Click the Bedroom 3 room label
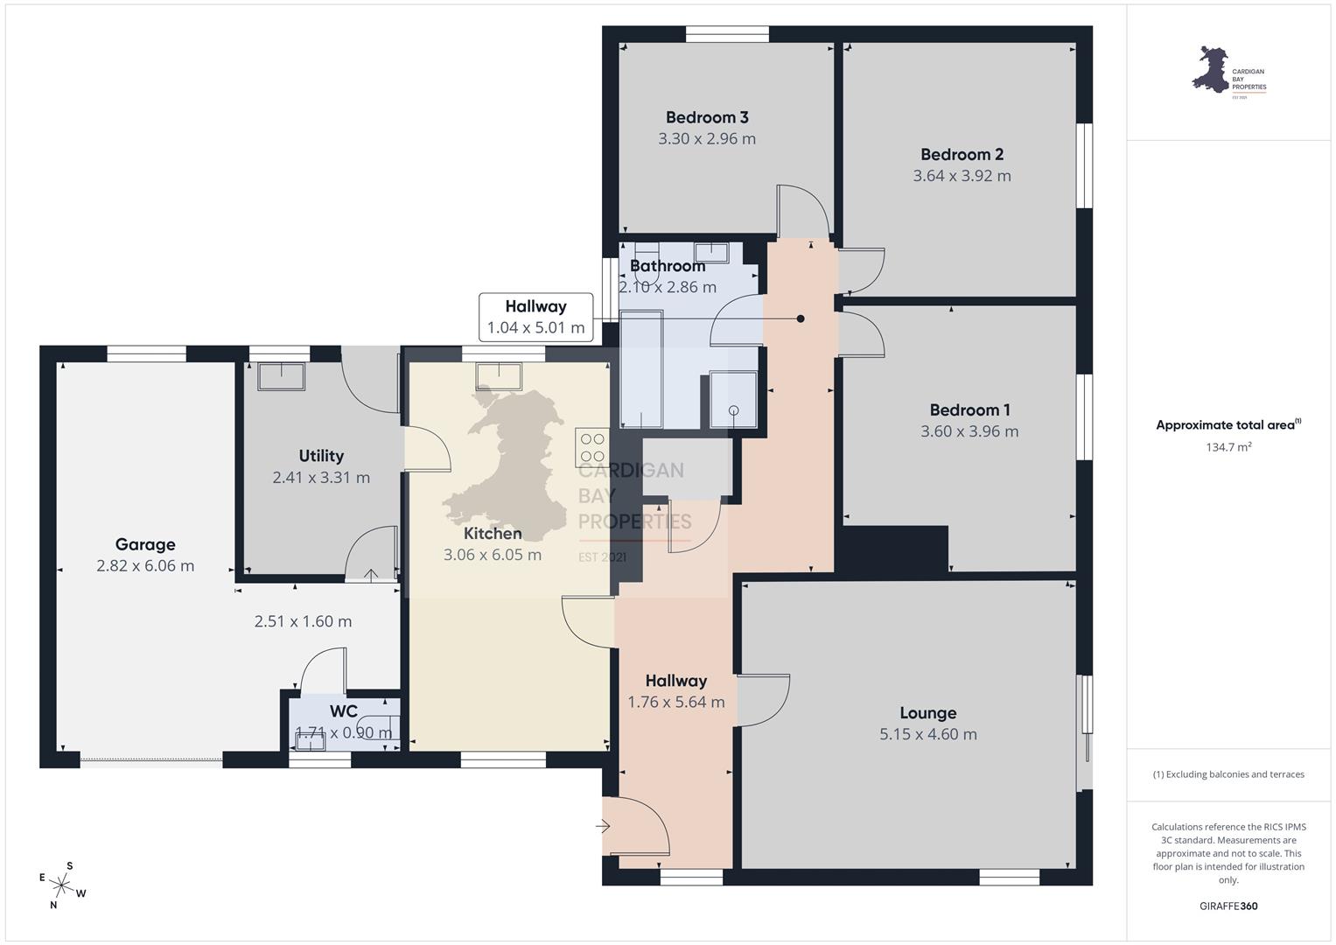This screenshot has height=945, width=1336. [707, 117]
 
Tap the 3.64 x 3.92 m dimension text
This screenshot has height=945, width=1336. [962, 176]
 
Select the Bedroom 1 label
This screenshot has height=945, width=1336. [969, 409]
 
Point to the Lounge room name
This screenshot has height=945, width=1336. [928, 713]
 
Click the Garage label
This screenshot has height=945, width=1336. [145, 544]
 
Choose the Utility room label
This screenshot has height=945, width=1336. [321, 456]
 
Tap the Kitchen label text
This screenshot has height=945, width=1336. [493, 534]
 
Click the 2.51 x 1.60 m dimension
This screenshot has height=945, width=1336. [303, 621]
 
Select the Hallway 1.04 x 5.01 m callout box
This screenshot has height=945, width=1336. [535, 318]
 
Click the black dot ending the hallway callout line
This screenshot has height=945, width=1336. [801, 318]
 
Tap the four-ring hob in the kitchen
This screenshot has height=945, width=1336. [592, 447]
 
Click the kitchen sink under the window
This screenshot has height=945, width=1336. [499, 376]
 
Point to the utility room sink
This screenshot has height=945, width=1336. [281, 376]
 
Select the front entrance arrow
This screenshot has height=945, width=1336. [603, 826]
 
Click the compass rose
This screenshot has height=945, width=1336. [61, 885]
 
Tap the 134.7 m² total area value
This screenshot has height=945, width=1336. [1228, 447]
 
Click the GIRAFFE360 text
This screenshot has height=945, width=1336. [1228, 906]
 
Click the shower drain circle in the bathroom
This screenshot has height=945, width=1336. [733, 410]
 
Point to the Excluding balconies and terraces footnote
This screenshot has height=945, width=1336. [1228, 774]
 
